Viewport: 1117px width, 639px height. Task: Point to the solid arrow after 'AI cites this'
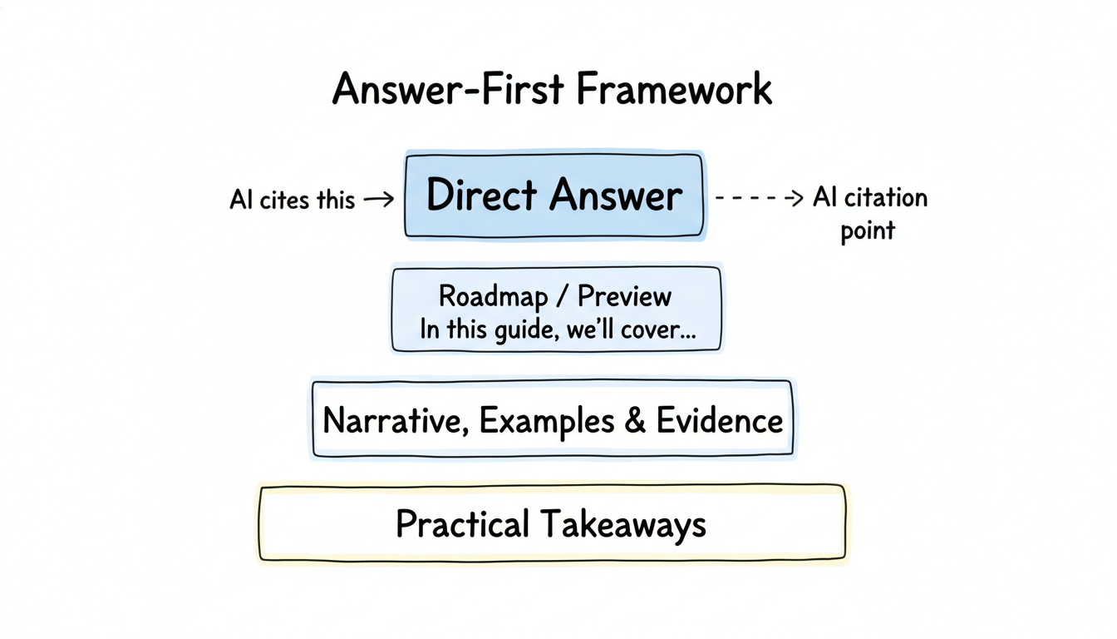point(379,200)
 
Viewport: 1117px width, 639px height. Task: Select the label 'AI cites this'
point(292,200)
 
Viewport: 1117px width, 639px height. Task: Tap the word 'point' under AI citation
point(867,230)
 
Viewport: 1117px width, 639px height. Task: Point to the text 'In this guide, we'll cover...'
point(558,329)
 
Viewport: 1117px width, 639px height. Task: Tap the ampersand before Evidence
point(634,420)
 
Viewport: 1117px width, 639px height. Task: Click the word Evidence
point(719,420)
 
